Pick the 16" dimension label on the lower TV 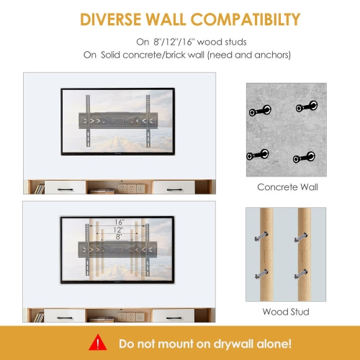coord(119,222)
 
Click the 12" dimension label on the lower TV coord(119,230)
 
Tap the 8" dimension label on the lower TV coord(119,238)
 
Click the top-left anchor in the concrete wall coord(259,111)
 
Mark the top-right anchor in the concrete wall coord(305,109)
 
